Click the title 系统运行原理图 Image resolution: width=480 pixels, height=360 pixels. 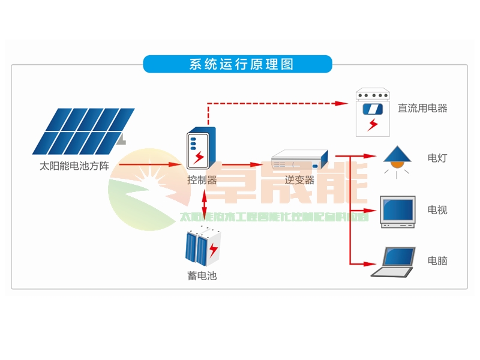click(238, 64)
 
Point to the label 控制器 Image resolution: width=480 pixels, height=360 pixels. click(202, 179)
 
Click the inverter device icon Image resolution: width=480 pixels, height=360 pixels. click(300, 160)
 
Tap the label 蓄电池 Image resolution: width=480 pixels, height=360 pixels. click(202, 277)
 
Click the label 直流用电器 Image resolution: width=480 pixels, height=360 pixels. click(422, 109)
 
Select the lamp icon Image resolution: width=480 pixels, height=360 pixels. click(396, 159)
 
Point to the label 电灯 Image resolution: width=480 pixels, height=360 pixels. click(437, 158)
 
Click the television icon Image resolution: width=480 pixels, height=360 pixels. click(397, 211)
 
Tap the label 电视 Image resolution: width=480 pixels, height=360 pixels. click(437, 210)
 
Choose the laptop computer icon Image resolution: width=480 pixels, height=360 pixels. click(394, 262)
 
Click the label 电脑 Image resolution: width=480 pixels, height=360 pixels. click(437, 261)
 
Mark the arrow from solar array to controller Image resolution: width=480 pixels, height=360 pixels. click(150, 164)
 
